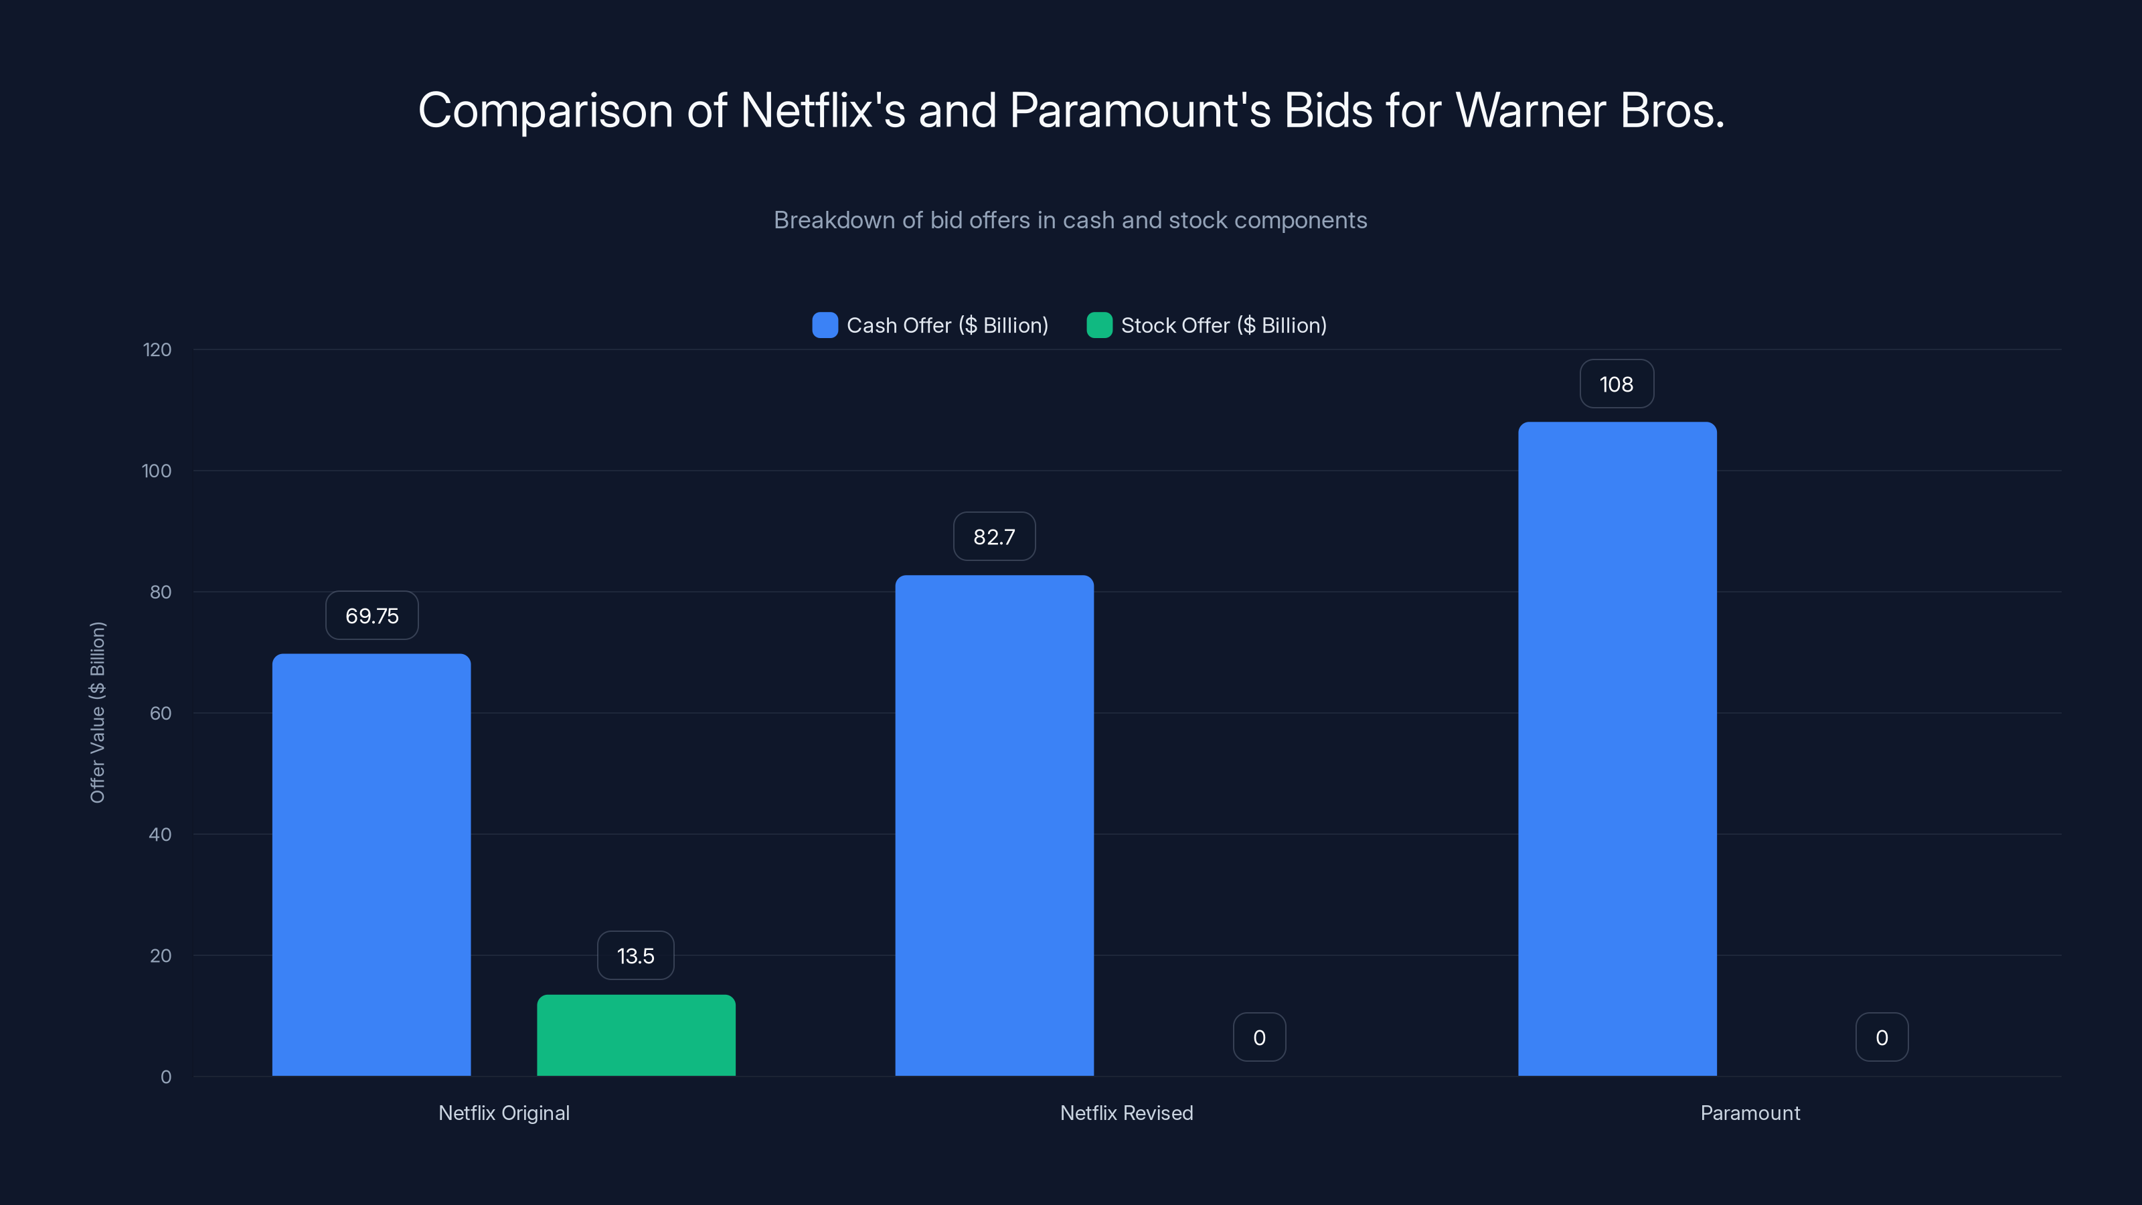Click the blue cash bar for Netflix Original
371,865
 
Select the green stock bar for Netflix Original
636,1036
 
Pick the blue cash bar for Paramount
1617,748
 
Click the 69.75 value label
372,616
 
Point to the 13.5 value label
635,955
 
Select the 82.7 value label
993,536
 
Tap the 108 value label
1616,384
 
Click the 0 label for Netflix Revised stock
1259,1037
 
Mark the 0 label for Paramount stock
1881,1037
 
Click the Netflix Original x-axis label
504,1113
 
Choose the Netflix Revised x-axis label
1126,1113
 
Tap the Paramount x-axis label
1750,1113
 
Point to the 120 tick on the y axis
157,350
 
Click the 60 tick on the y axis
161,714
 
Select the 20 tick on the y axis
161,955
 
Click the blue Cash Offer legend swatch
825,325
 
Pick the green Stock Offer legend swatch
1099,325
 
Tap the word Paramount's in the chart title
1139,110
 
